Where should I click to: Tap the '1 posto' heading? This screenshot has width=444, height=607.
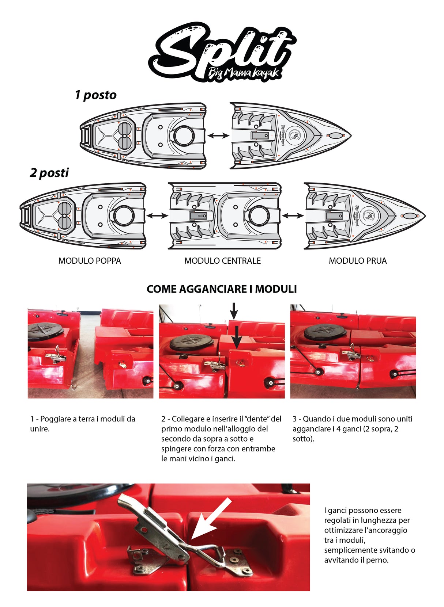click(95, 95)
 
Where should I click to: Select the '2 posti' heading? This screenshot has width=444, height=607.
click(49, 172)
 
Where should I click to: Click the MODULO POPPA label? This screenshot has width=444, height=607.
click(90, 261)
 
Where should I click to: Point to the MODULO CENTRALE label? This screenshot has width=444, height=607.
click(222, 261)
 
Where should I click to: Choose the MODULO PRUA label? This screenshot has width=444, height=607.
click(357, 261)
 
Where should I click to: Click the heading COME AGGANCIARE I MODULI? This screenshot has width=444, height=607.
click(222, 289)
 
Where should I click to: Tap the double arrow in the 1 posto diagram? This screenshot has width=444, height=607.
click(218, 135)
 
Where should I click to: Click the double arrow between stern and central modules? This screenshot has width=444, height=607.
click(157, 215)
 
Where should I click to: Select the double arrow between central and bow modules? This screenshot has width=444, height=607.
click(293, 215)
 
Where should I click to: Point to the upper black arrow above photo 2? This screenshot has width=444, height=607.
click(234, 310)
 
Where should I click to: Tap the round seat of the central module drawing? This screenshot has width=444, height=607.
click(259, 215)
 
